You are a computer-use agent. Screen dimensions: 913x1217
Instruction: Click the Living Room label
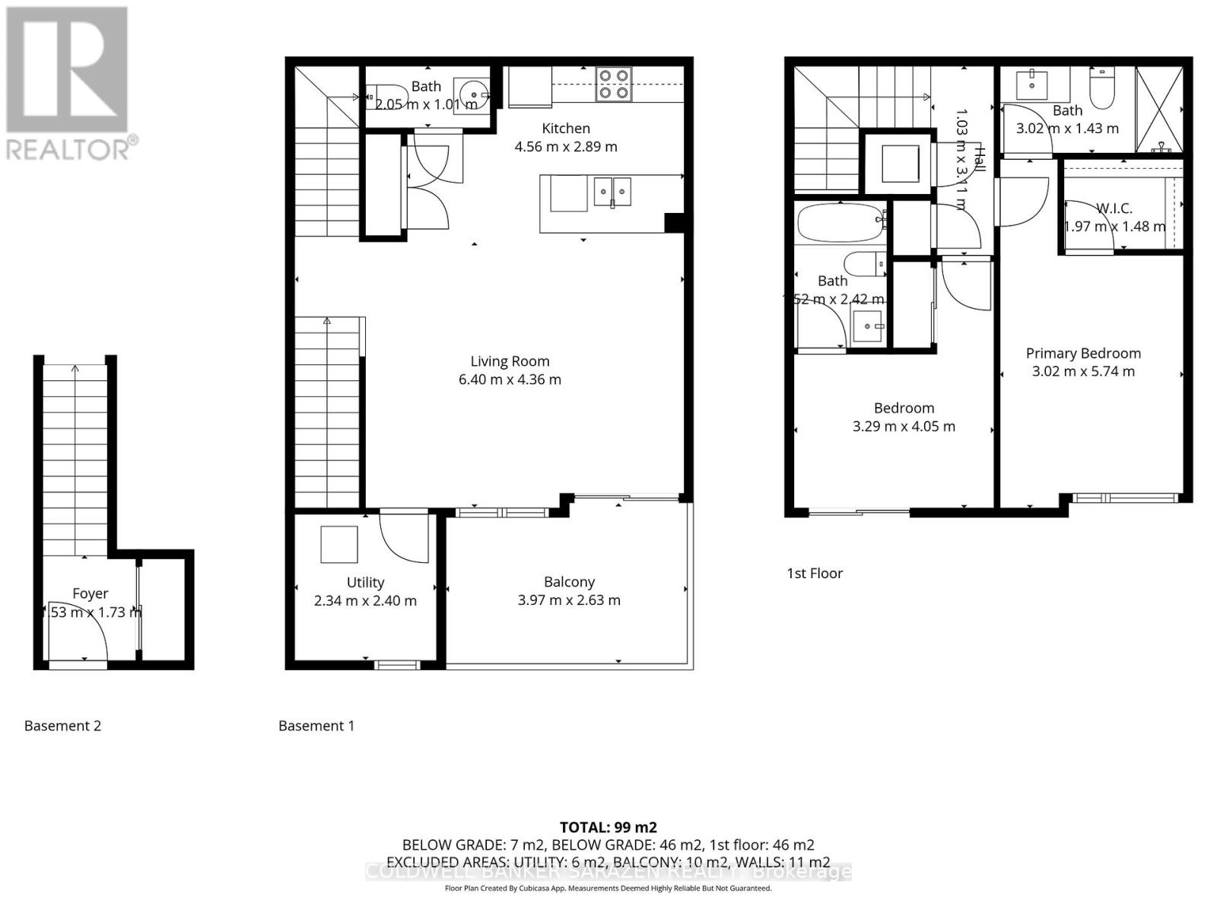(509, 361)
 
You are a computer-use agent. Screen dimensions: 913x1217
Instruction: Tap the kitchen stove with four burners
(613, 84)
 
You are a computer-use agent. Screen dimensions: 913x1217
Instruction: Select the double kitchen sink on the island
(612, 192)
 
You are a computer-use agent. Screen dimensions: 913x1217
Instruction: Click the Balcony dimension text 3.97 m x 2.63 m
(569, 600)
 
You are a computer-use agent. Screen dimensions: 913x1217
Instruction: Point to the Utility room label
(365, 582)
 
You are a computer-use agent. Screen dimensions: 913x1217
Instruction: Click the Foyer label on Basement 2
(90, 593)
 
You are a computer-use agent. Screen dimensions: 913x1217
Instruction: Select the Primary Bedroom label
(1083, 353)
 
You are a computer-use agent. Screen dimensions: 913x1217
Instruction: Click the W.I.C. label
(1114, 208)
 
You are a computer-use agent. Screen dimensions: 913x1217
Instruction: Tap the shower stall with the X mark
(1159, 110)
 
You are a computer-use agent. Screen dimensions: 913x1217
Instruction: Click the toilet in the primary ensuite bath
(1101, 90)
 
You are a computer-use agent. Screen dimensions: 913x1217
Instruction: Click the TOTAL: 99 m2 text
(608, 827)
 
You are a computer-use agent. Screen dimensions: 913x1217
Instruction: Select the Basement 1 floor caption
(316, 726)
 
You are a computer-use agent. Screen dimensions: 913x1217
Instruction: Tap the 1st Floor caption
(815, 573)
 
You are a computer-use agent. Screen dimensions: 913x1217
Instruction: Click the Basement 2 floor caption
(62, 726)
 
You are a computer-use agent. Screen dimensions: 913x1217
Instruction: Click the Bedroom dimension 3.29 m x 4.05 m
(904, 427)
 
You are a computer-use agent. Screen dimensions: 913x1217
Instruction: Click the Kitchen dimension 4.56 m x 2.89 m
(566, 147)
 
